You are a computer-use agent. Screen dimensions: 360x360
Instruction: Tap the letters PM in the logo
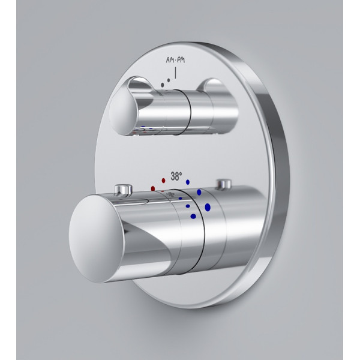(181, 61)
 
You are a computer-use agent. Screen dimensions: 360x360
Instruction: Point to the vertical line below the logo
(176, 73)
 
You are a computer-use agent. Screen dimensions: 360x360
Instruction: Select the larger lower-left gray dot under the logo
(163, 85)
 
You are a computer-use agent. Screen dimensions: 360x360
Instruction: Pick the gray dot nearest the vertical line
(169, 80)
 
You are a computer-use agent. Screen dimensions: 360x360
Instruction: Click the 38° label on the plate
(176, 176)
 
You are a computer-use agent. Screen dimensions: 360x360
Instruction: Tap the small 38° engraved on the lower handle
(170, 194)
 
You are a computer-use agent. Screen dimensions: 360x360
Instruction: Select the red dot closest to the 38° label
(163, 181)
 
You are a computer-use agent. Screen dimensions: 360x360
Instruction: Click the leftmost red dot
(153, 188)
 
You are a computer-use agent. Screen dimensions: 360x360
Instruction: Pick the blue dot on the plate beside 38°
(188, 182)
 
